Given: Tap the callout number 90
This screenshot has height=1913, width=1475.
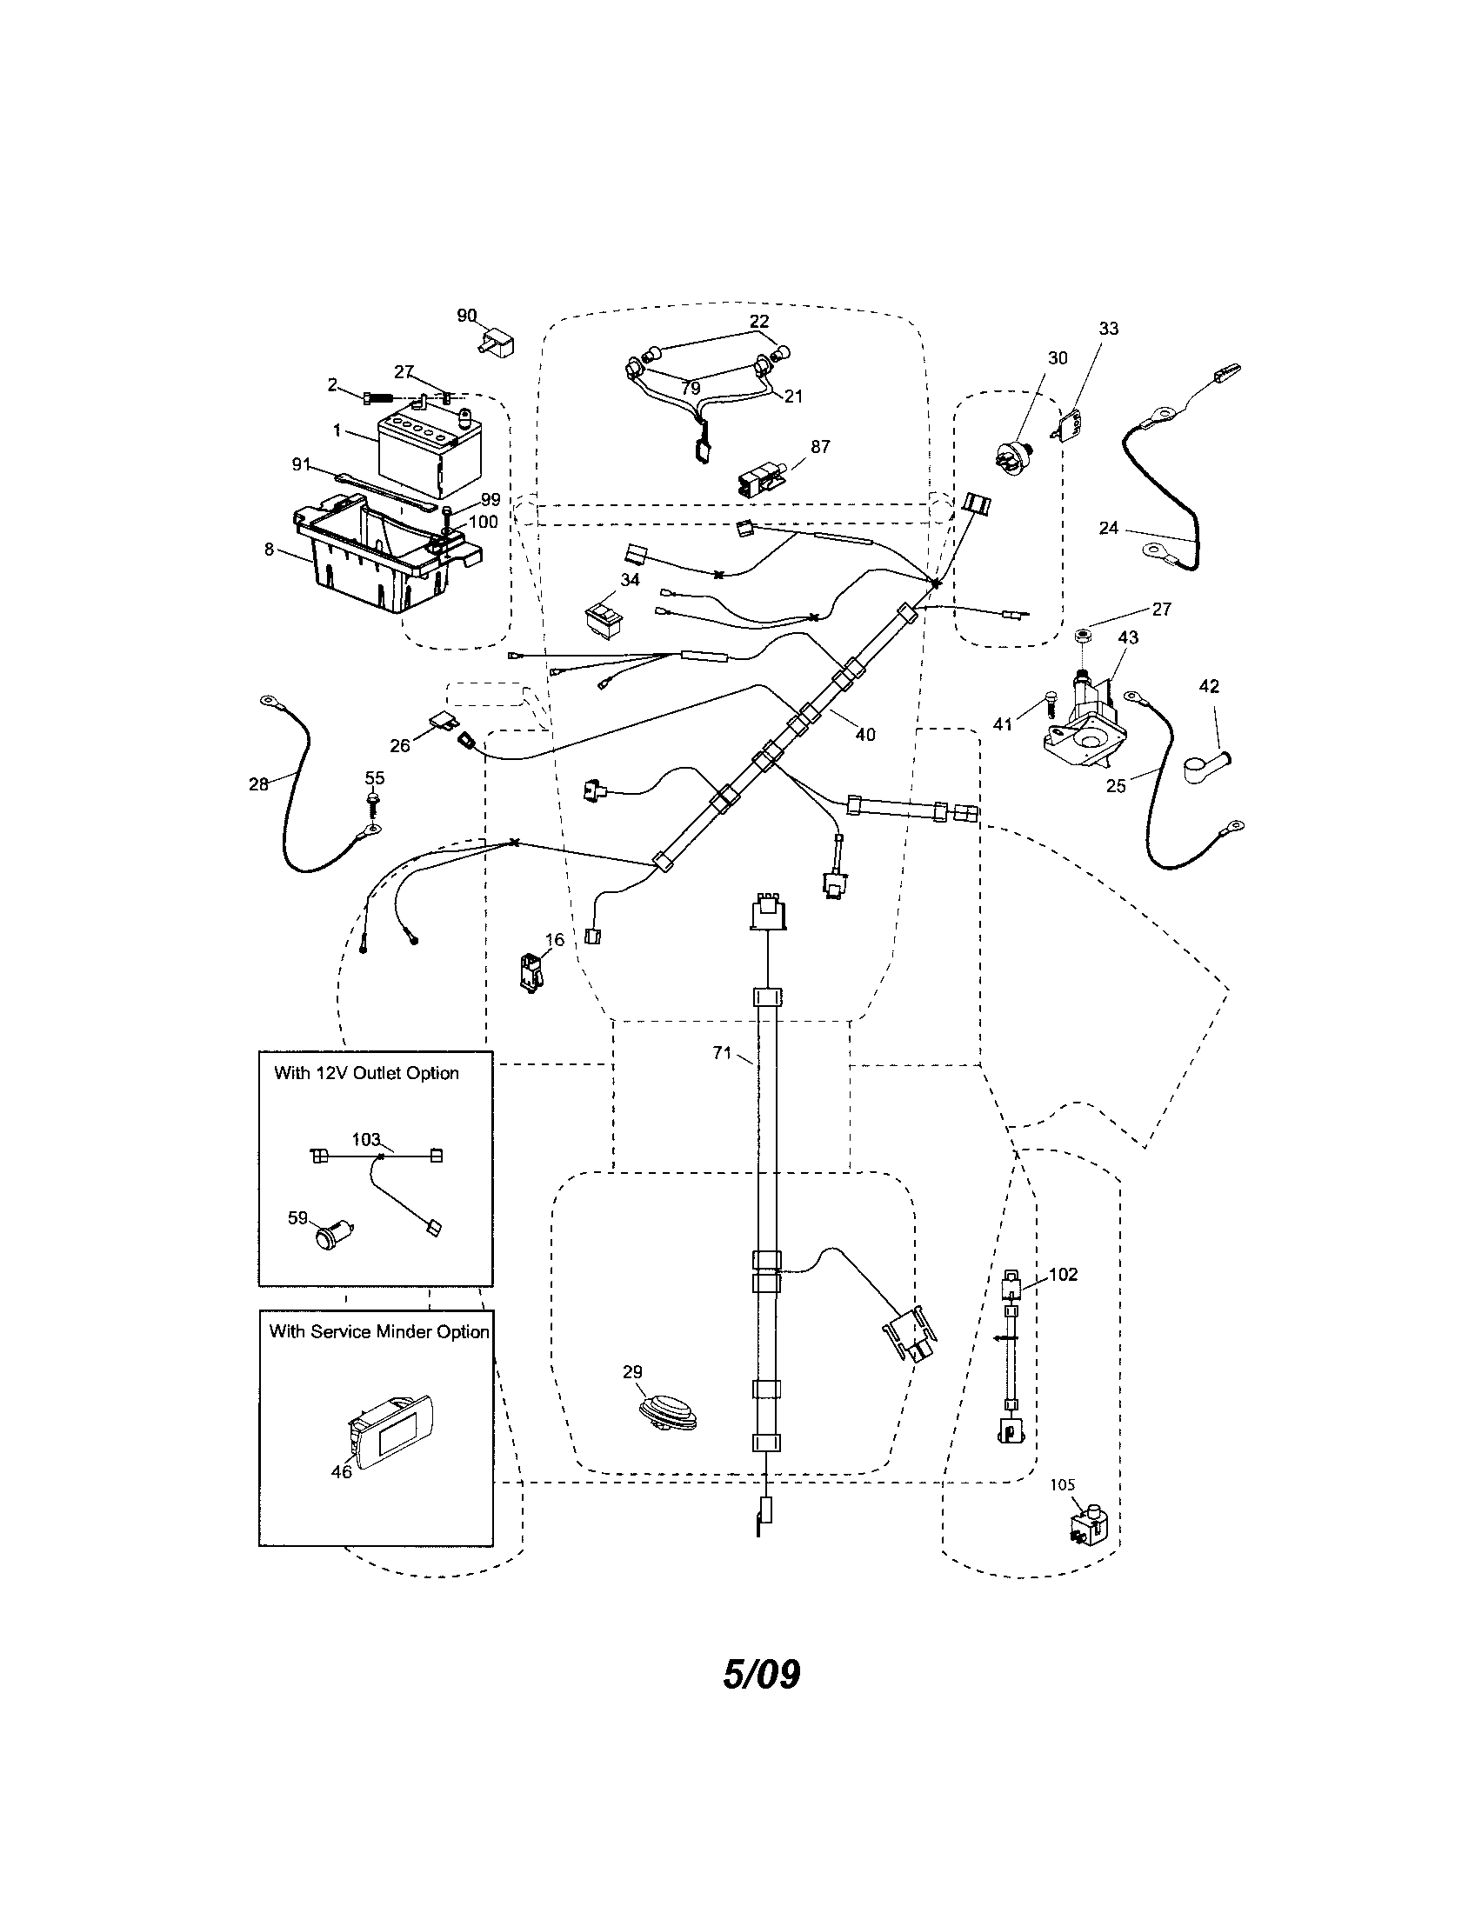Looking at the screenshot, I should [x=467, y=316].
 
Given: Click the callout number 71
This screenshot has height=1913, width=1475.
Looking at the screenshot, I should [x=721, y=1054].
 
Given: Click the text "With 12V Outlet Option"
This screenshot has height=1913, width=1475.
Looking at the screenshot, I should [x=366, y=1073].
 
